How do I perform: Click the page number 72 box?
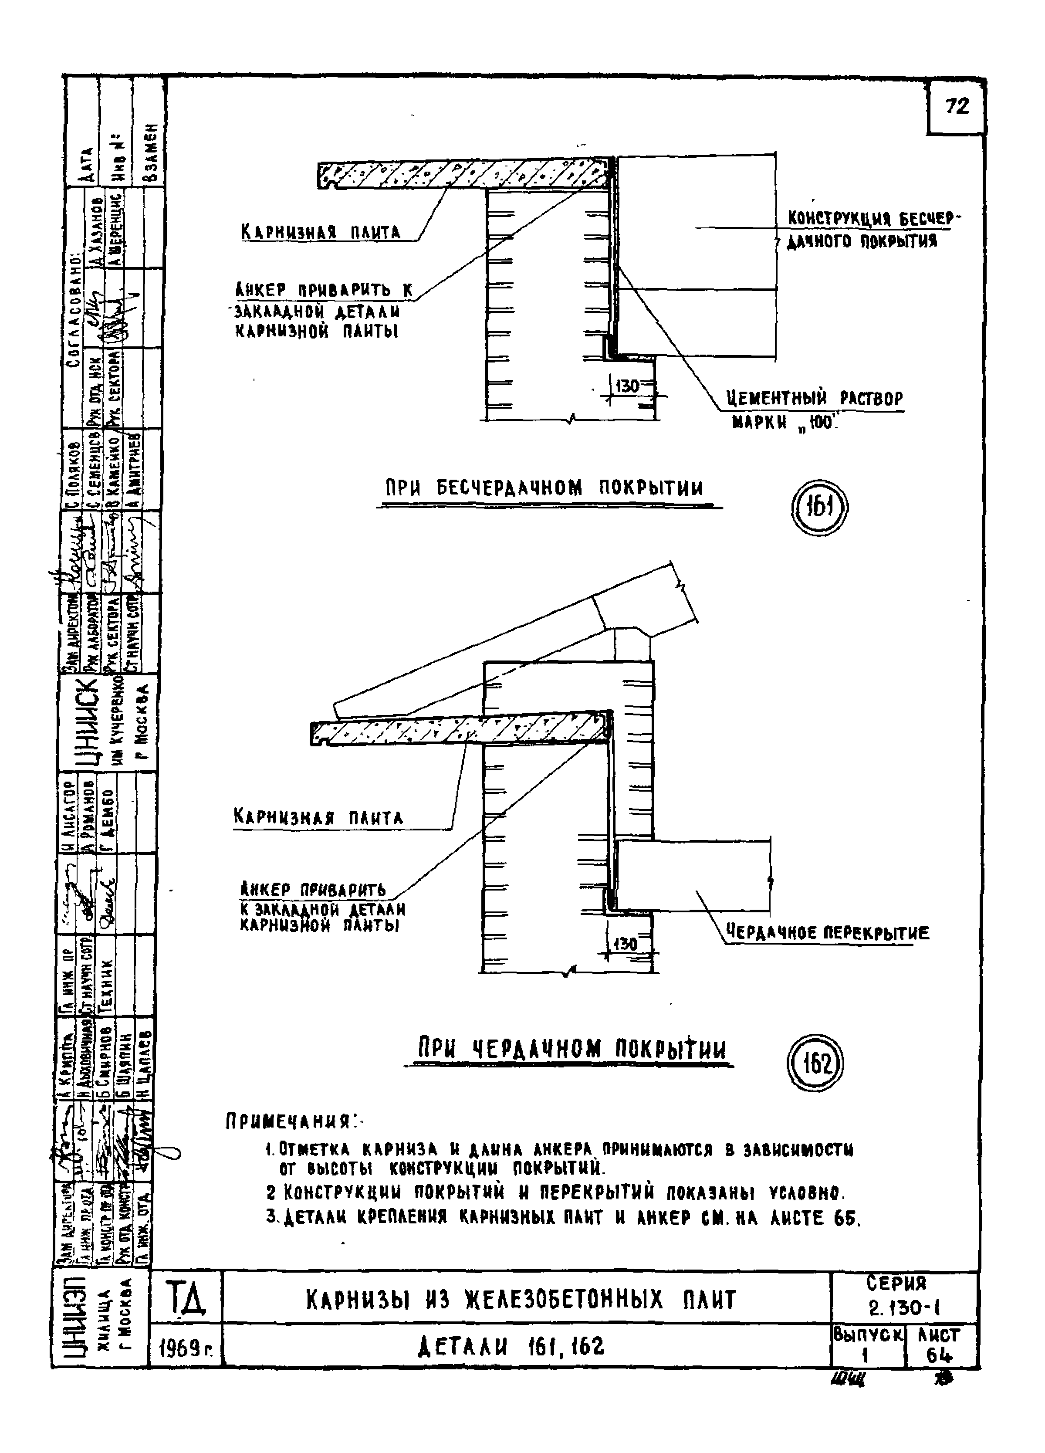(956, 107)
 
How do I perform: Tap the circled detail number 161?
(819, 509)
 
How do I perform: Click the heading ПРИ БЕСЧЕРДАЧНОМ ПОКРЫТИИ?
(544, 489)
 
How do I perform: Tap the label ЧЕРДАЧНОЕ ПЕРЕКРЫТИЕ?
(826, 932)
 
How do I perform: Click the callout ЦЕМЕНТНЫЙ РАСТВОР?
(814, 399)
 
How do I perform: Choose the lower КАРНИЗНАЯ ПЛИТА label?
(318, 817)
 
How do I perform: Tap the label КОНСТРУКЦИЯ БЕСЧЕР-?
(874, 219)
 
